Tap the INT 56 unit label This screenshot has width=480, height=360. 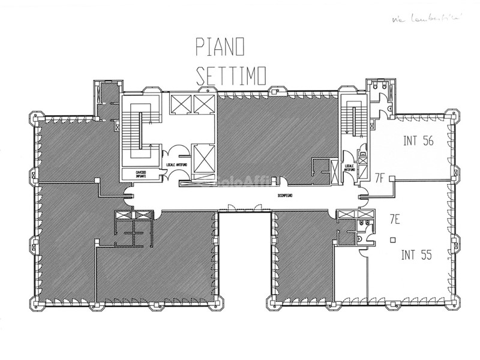[x=418, y=142]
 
